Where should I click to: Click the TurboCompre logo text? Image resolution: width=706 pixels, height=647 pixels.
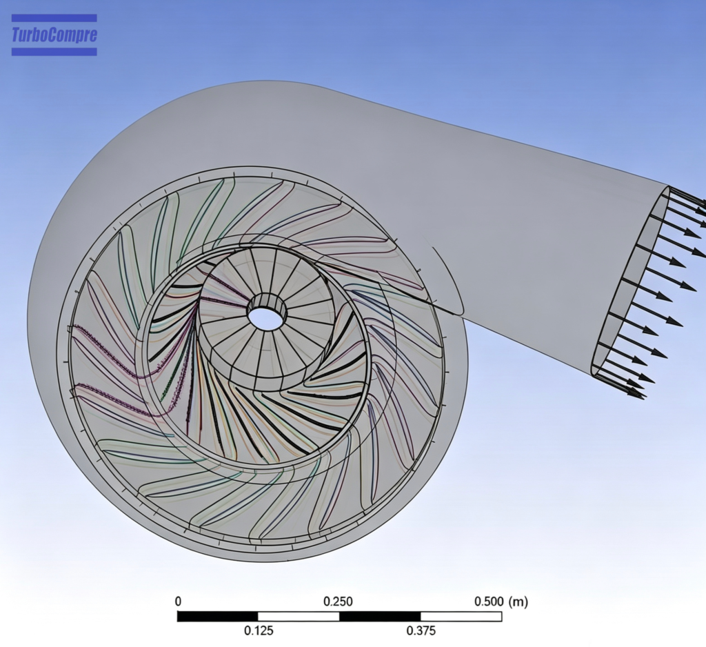pyautogui.click(x=54, y=35)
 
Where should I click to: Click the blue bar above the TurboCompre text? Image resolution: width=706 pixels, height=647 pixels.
pyautogui.click(x=54, y=18)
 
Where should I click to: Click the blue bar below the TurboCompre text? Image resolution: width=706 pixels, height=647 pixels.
pyautogui.click(x=54, y=52)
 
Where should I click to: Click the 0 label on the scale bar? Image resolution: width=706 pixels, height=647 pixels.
pyautogui.click(x=179, y=601)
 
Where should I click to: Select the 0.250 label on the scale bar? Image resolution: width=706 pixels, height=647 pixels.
pyautogui.click(x=338, y=601)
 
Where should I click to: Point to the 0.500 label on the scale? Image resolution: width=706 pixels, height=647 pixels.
pyautogui.click(x=489, y=601)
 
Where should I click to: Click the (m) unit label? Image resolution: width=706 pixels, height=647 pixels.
pyautogui.click(x=518, y=601)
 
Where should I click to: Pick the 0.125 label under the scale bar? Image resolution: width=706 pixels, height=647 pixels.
pyautogui.click(x=259, y=630)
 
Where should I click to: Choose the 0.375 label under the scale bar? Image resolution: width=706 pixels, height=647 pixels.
pyautogui.click(x=421, y=630)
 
